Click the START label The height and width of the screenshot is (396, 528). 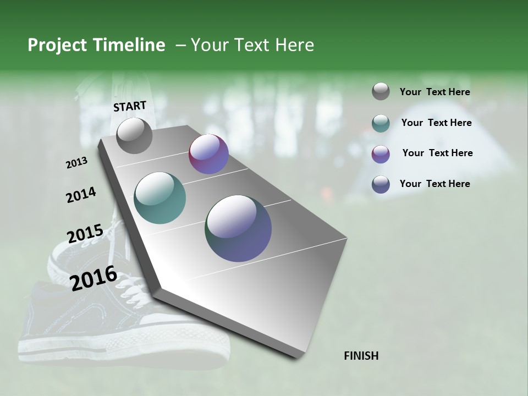pyautogui.click(x=130, y=106)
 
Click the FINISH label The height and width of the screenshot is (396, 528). pyautogui.click(x=361, y=356)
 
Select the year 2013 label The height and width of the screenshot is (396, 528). pyautogui.click(x=76, y=162)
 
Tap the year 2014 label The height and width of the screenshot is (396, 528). pyautogui.click(x=81, y=195)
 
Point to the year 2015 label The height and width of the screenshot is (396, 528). pyautogui.click(x=85, y=234)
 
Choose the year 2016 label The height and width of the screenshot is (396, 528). pyautogui.click(x=94, y=278)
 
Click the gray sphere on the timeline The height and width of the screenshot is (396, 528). pyautogui.click(x=134, y=136)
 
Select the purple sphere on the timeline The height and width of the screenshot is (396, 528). pyautogui.click(x=208, y=154)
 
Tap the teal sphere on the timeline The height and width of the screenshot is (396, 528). pyautogui.click(x=160, y=198)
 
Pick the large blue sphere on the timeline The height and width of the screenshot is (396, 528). pyautogui.click(x=238, y=228)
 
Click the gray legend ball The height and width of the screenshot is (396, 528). pyautogui.click(x=381, y=91)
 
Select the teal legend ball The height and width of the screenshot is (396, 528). pyautogui.click(x=381, y=123)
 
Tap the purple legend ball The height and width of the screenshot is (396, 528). pyautogui.click(x=381, y=154)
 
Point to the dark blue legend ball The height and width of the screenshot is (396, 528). pyautogui.click(x=381, y=184)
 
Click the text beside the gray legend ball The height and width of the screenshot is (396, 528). pyautogui.click(x=435, y=92)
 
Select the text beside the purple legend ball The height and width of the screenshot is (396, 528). pyautogui.click(x=437, y=153)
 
